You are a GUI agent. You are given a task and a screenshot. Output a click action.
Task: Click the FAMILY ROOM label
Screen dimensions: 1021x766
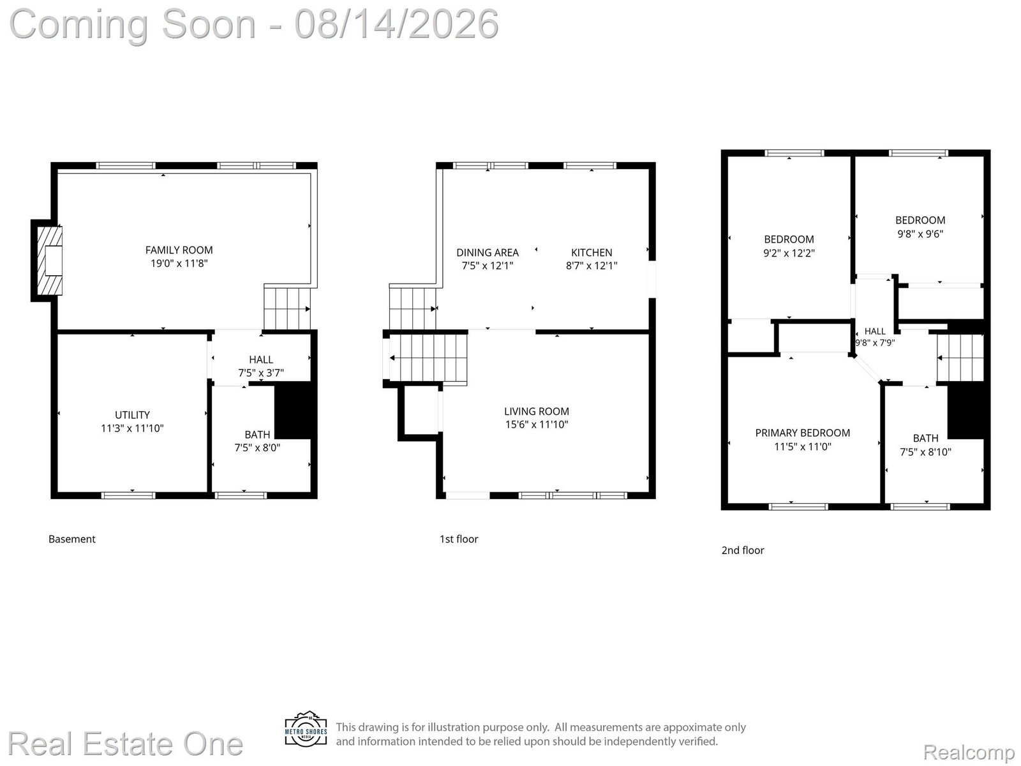179,250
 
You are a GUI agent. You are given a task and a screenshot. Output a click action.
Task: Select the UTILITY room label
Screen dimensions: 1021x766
132,415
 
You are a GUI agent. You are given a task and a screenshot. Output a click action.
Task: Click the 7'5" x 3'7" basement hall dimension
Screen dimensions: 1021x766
261,373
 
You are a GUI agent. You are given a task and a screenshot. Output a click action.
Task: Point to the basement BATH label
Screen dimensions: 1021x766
257,435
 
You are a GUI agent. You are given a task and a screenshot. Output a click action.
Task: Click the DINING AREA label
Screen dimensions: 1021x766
488,253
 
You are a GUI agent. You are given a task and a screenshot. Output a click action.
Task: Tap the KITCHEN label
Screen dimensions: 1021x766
592,253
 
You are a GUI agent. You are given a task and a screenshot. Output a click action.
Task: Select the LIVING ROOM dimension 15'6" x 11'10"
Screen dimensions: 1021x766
537,424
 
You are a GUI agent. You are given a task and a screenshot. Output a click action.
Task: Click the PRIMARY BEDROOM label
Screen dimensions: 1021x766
803,433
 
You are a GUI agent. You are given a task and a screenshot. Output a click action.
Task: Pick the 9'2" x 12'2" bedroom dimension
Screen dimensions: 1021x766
789,253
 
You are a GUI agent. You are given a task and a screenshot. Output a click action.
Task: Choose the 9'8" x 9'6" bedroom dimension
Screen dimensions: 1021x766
921,234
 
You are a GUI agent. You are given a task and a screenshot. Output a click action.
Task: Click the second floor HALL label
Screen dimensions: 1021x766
875,331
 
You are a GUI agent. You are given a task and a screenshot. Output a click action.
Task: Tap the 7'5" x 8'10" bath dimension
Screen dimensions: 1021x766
926,452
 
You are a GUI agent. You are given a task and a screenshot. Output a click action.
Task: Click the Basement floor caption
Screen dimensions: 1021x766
71,539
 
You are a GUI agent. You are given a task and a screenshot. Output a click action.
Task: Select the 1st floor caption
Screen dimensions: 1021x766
459,539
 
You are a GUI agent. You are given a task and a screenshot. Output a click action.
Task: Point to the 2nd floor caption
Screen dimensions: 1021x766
743,550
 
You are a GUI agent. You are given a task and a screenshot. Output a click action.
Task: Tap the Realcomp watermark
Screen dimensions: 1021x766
969,752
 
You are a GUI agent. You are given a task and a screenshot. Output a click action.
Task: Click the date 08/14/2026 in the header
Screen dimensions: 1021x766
396,24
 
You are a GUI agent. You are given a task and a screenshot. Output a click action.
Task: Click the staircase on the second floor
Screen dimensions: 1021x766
960,357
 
